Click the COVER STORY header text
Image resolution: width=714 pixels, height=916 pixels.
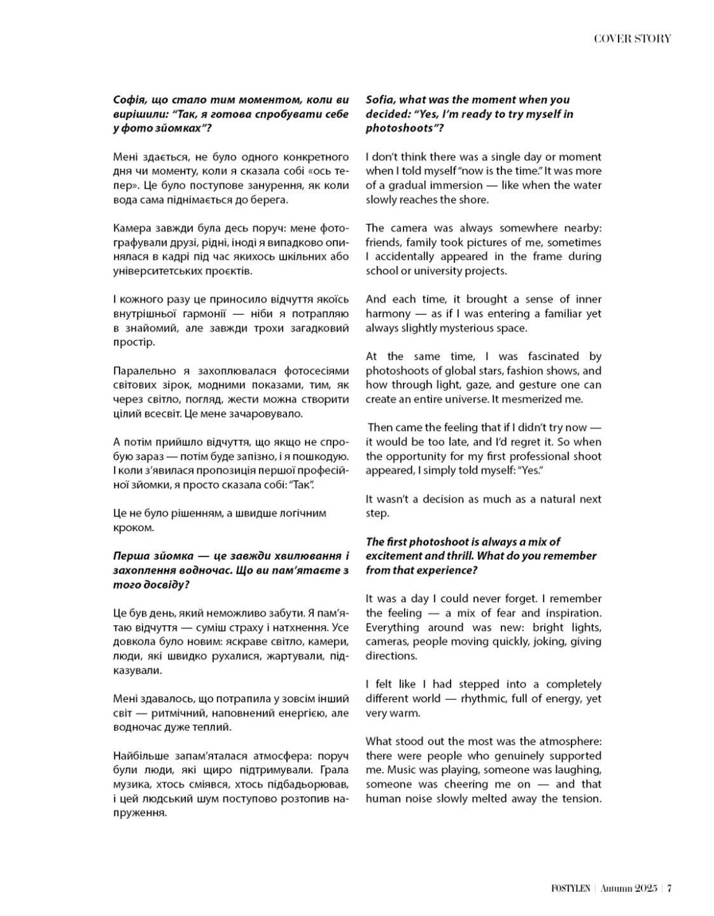632,39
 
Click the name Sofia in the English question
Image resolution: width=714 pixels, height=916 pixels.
381,100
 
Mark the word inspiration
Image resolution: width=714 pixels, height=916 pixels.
571,613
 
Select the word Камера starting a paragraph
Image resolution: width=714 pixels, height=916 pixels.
132,228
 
